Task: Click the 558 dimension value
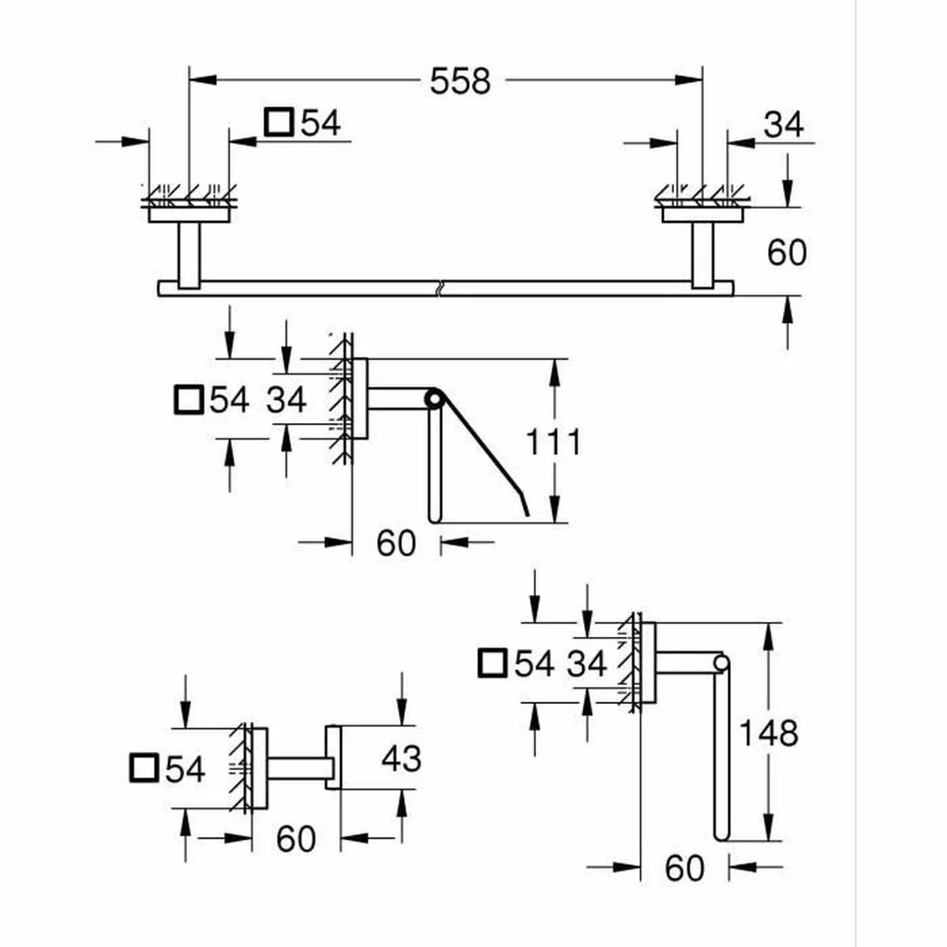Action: pos(460,80)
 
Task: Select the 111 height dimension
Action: pos(553,441)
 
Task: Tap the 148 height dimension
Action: pos(768,733)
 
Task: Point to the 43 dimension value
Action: pos(401,758)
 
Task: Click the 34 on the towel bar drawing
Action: pos(784,124)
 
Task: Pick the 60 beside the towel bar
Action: pos(787,253)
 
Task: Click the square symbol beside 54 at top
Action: pos(278,122)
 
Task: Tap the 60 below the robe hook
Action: pos(296,839)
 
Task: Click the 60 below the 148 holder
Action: pos(684,868)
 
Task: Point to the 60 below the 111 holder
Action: pos(395,543)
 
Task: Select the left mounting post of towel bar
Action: pos(189,254)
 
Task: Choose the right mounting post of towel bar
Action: pos(702,254)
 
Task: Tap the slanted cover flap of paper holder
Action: pos(481,450)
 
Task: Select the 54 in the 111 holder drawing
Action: pos(229,400)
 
